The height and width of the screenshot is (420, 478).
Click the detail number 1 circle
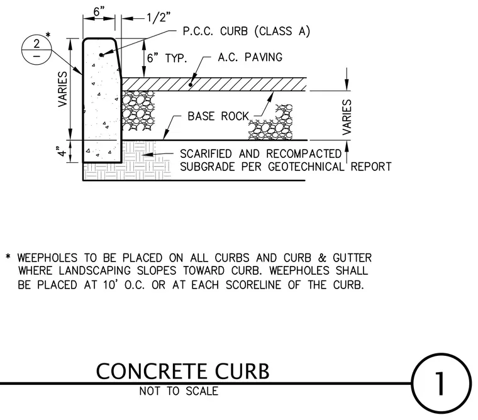point(441,354)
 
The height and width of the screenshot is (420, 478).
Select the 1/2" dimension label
point(158,18)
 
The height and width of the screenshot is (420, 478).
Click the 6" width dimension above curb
point(99,11)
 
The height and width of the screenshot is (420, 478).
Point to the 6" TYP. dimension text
point(167,58)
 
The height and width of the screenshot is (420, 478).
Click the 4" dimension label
point(62,151)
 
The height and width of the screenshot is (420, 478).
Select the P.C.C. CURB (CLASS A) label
point(247,31)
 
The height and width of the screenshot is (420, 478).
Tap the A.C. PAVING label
point(250,57)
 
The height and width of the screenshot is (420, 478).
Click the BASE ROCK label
point(218,116)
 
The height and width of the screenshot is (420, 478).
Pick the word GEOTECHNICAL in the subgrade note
point(306,167)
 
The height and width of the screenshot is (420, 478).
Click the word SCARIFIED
point(206,153)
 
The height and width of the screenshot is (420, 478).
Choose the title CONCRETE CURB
point(183,371)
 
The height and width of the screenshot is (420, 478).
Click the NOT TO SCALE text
point(179,391)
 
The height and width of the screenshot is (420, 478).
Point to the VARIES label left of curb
point(62,89)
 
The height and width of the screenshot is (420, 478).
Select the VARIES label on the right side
point(347,117)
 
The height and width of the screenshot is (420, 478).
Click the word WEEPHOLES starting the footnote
point(47,258)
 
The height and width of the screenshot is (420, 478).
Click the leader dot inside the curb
point(101,55)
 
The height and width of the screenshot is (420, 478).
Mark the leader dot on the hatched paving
point(190,84)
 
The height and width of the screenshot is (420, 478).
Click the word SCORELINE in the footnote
point(253,285)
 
